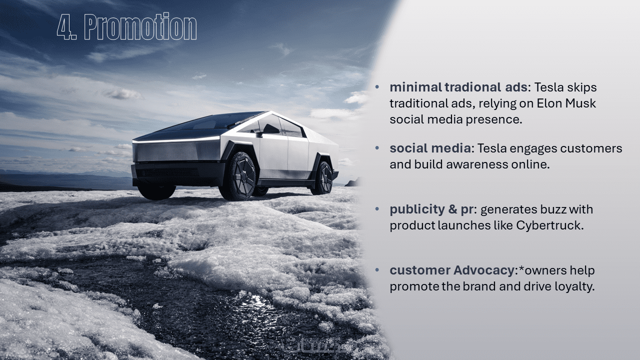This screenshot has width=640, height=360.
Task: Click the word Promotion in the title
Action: [140, 26]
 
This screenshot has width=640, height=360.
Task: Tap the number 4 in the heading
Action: [64, 27]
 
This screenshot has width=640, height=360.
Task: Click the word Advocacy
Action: [484, 270]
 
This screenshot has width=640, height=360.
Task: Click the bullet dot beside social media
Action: [377, 148]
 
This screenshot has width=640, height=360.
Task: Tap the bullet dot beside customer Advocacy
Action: [377, 270]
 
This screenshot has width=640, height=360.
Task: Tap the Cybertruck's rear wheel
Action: [323, 178]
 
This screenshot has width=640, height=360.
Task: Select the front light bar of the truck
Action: [176, 140]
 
